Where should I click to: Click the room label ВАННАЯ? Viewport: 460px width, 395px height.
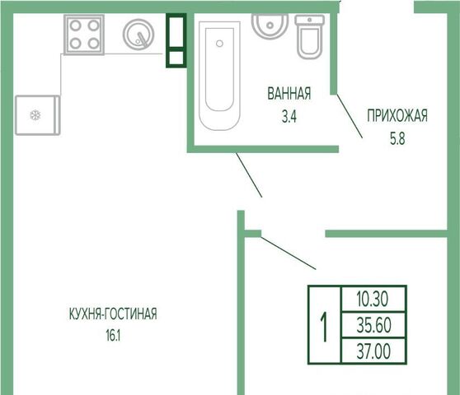click(289, 94)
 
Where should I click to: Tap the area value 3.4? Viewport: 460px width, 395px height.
click(289, 117)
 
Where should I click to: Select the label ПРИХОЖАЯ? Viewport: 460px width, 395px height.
click(397, 115)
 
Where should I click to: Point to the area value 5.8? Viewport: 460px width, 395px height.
click(397, 139)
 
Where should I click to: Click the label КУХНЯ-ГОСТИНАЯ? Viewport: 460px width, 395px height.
click(113, 314)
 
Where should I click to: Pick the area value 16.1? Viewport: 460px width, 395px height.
click(113, 336)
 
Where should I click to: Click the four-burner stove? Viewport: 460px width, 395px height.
click(84, 35)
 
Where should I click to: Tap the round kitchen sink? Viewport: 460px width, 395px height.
click(138, 35)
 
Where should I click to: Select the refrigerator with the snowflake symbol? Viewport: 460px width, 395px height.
click(38, 115)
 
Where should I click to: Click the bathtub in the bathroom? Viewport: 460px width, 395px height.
click(219, 75)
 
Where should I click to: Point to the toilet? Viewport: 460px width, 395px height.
click(309, 37)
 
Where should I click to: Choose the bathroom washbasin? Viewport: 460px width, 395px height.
click(270, 26)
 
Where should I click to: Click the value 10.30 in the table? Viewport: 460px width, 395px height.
click(373, 299)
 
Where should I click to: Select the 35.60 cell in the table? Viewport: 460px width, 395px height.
click(373, 325)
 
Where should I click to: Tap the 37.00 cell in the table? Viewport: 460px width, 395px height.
click(373, 351)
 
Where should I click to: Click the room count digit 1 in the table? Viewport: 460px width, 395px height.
click(324, 327)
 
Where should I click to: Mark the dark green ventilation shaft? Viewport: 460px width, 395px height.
click(176, 40)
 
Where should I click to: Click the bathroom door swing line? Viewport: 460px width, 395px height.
click(350, 116)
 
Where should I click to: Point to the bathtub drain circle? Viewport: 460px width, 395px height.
click(219, 44)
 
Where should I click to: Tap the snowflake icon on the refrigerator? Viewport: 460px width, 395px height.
click(35, 115)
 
